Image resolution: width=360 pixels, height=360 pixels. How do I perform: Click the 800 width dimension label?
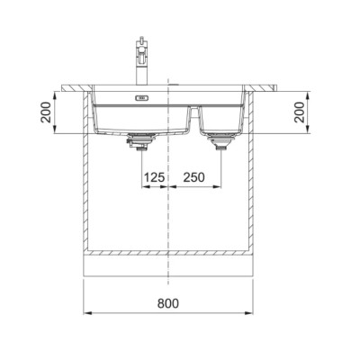pyautogui.click(x=167, y=303)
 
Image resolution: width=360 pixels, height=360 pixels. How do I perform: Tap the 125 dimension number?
pyautogui.click(x=155, y=177)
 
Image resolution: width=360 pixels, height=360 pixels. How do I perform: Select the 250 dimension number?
pyautogui.click(x=193, y=177)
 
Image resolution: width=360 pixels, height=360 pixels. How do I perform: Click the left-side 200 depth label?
pyautogui.click(x=46, y=112)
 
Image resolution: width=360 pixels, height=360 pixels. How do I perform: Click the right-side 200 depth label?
pyautogui.click(x=299, y=112)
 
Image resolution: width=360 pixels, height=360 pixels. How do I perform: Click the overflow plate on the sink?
pyautogui.click(x=142, y=98)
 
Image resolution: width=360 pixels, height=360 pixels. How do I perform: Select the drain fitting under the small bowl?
pyautogui.click(x=220, y=140)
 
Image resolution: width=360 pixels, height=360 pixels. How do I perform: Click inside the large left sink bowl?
pyautogui.click(x=141, y=118)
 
